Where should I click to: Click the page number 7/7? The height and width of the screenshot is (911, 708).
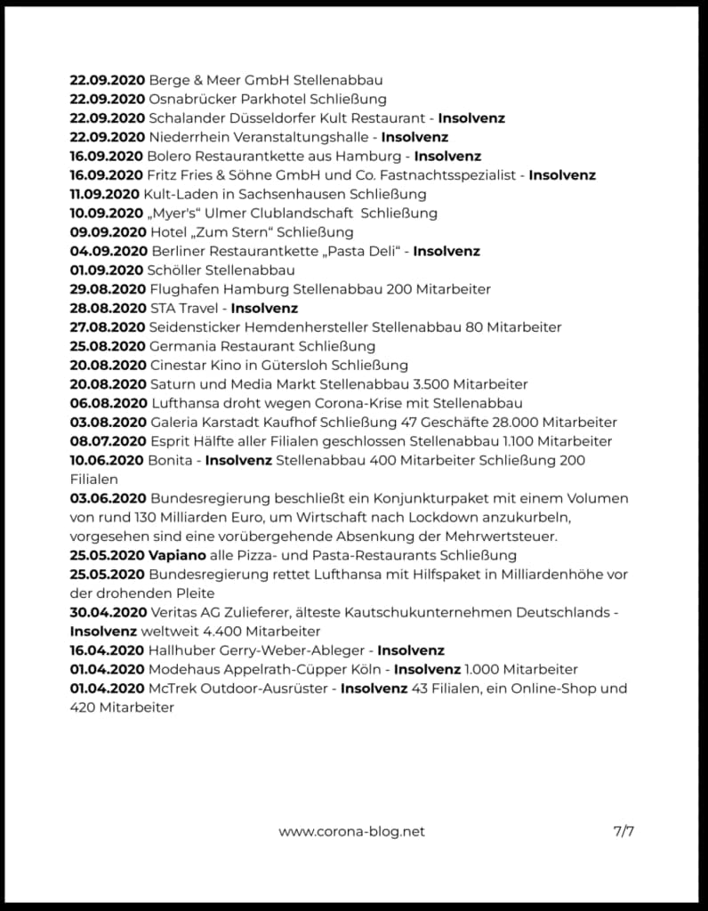click(x=624, y=832)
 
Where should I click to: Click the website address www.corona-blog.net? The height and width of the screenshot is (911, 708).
click(x=351, y=832)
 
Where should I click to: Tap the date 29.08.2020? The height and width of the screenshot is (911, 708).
click(x=108, y=289)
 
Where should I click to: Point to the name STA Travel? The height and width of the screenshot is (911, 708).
click(x=186, y=308)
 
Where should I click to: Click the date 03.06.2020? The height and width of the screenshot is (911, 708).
click(x=108, y=498)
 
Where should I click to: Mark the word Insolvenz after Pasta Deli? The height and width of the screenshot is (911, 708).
click(x=447, y=251)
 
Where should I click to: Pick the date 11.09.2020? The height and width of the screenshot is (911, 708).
click(x=105, y=194)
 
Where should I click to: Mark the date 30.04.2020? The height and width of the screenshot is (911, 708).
click(x=108, y=612)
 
